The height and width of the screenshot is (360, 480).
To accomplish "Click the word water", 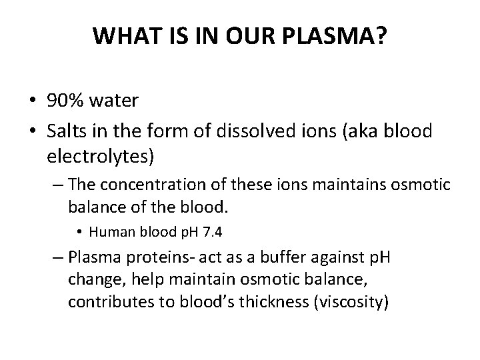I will (x=115, y=101).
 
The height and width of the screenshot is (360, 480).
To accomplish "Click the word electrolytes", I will (x=100, y=157).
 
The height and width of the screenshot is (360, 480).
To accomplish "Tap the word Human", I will (x=107, y=233).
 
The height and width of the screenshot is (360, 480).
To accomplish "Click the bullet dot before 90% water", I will (x=32, y=101).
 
